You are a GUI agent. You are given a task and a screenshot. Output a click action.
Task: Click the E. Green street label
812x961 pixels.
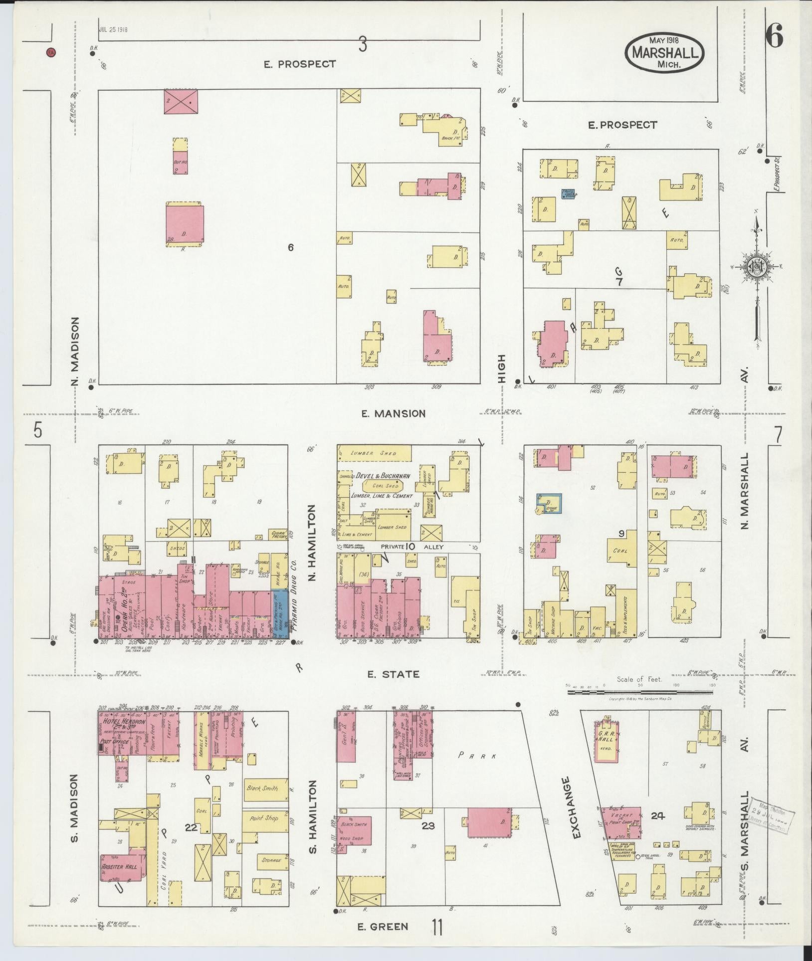click(383, 927)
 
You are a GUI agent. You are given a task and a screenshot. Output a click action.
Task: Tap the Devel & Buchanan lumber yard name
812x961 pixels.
click(384, 476)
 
